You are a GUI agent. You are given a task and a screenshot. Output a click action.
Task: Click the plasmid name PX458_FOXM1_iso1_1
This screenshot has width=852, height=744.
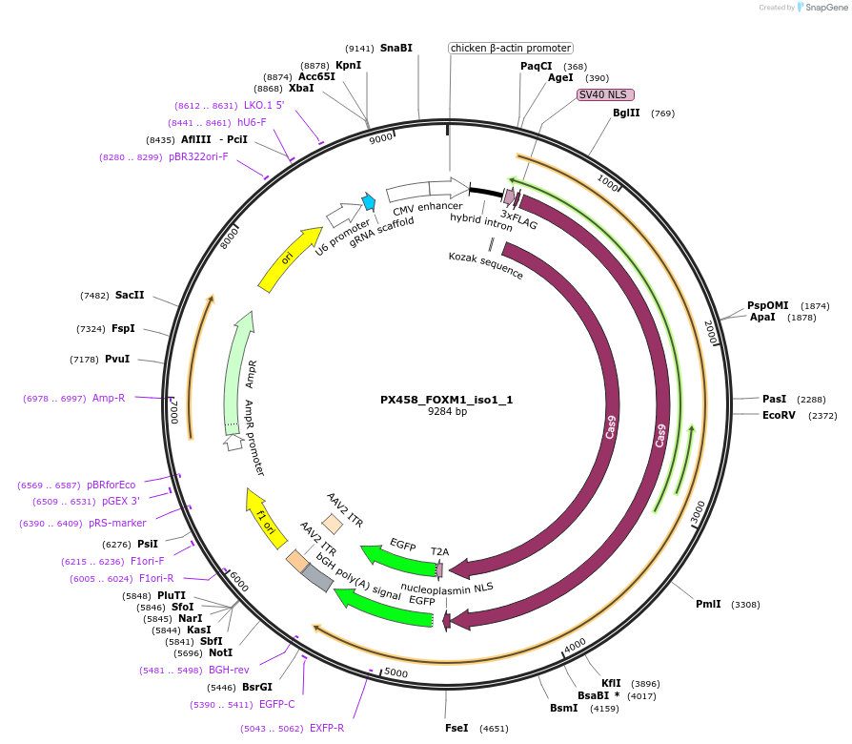click(x=447, y=399)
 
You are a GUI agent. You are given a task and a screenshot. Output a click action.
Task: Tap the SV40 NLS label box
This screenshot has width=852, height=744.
click(x=605, y=94)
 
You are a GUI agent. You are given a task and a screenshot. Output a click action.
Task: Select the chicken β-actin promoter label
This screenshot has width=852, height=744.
click(x=511, y=48)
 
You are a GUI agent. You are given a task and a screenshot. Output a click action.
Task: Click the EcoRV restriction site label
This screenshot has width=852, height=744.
click(x=778, y=415)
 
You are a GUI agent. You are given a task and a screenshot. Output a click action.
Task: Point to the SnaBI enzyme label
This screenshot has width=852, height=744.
click(x=396, y=48)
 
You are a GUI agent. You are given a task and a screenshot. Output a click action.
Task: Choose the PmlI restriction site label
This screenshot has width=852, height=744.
click(x=708, y=604)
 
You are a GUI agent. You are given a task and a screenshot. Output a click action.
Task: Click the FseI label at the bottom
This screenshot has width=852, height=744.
click(x=456, y=728)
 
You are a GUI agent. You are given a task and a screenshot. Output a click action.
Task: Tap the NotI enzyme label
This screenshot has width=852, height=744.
click(x=220, y=653)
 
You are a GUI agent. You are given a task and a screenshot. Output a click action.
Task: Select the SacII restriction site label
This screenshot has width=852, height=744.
click(x=130, y=296)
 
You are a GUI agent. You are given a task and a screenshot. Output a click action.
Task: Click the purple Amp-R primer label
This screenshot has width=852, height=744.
click(x=109, y=398)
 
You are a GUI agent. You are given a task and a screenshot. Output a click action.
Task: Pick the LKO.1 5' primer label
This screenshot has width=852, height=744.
click(x=264, y=106)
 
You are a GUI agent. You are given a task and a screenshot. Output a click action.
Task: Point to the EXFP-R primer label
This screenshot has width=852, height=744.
click(x=327, y=728)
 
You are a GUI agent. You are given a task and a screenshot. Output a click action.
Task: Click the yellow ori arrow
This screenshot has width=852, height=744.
click(x=289, y=258)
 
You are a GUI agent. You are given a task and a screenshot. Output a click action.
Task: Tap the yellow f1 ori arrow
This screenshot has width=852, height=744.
click(x=265, y=517)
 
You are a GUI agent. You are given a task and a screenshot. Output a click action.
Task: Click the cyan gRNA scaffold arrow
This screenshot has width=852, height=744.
click(x=369, y=201)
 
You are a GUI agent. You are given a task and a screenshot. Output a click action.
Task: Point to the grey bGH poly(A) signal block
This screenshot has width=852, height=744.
click(x=317, y=576)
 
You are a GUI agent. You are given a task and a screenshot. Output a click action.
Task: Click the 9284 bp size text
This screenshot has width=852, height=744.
click(x=447, y=412)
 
